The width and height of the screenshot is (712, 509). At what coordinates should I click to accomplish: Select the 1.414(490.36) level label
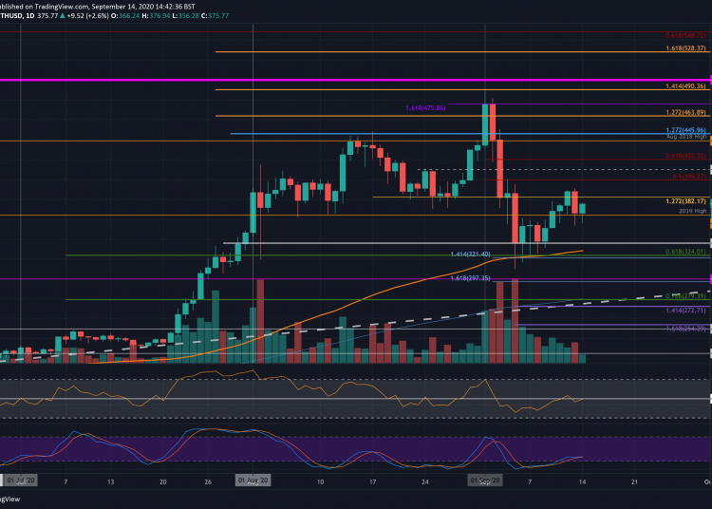click(x=683, y=85)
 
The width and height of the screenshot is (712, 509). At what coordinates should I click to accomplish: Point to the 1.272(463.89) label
click(x=683, y=112)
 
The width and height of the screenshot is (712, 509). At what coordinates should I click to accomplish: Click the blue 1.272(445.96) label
click(x=683, y=129)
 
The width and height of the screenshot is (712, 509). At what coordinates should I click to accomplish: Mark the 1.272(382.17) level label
click(x=683, y=201)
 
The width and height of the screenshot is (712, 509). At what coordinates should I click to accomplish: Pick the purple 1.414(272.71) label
click(x=683, y=310)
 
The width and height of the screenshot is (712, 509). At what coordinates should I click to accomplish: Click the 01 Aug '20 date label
click(x=253, y=481)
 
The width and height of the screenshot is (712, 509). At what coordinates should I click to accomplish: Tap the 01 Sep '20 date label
click(x=486, y=481)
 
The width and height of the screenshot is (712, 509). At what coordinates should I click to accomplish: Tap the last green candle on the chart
click(x=582, y=207)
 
